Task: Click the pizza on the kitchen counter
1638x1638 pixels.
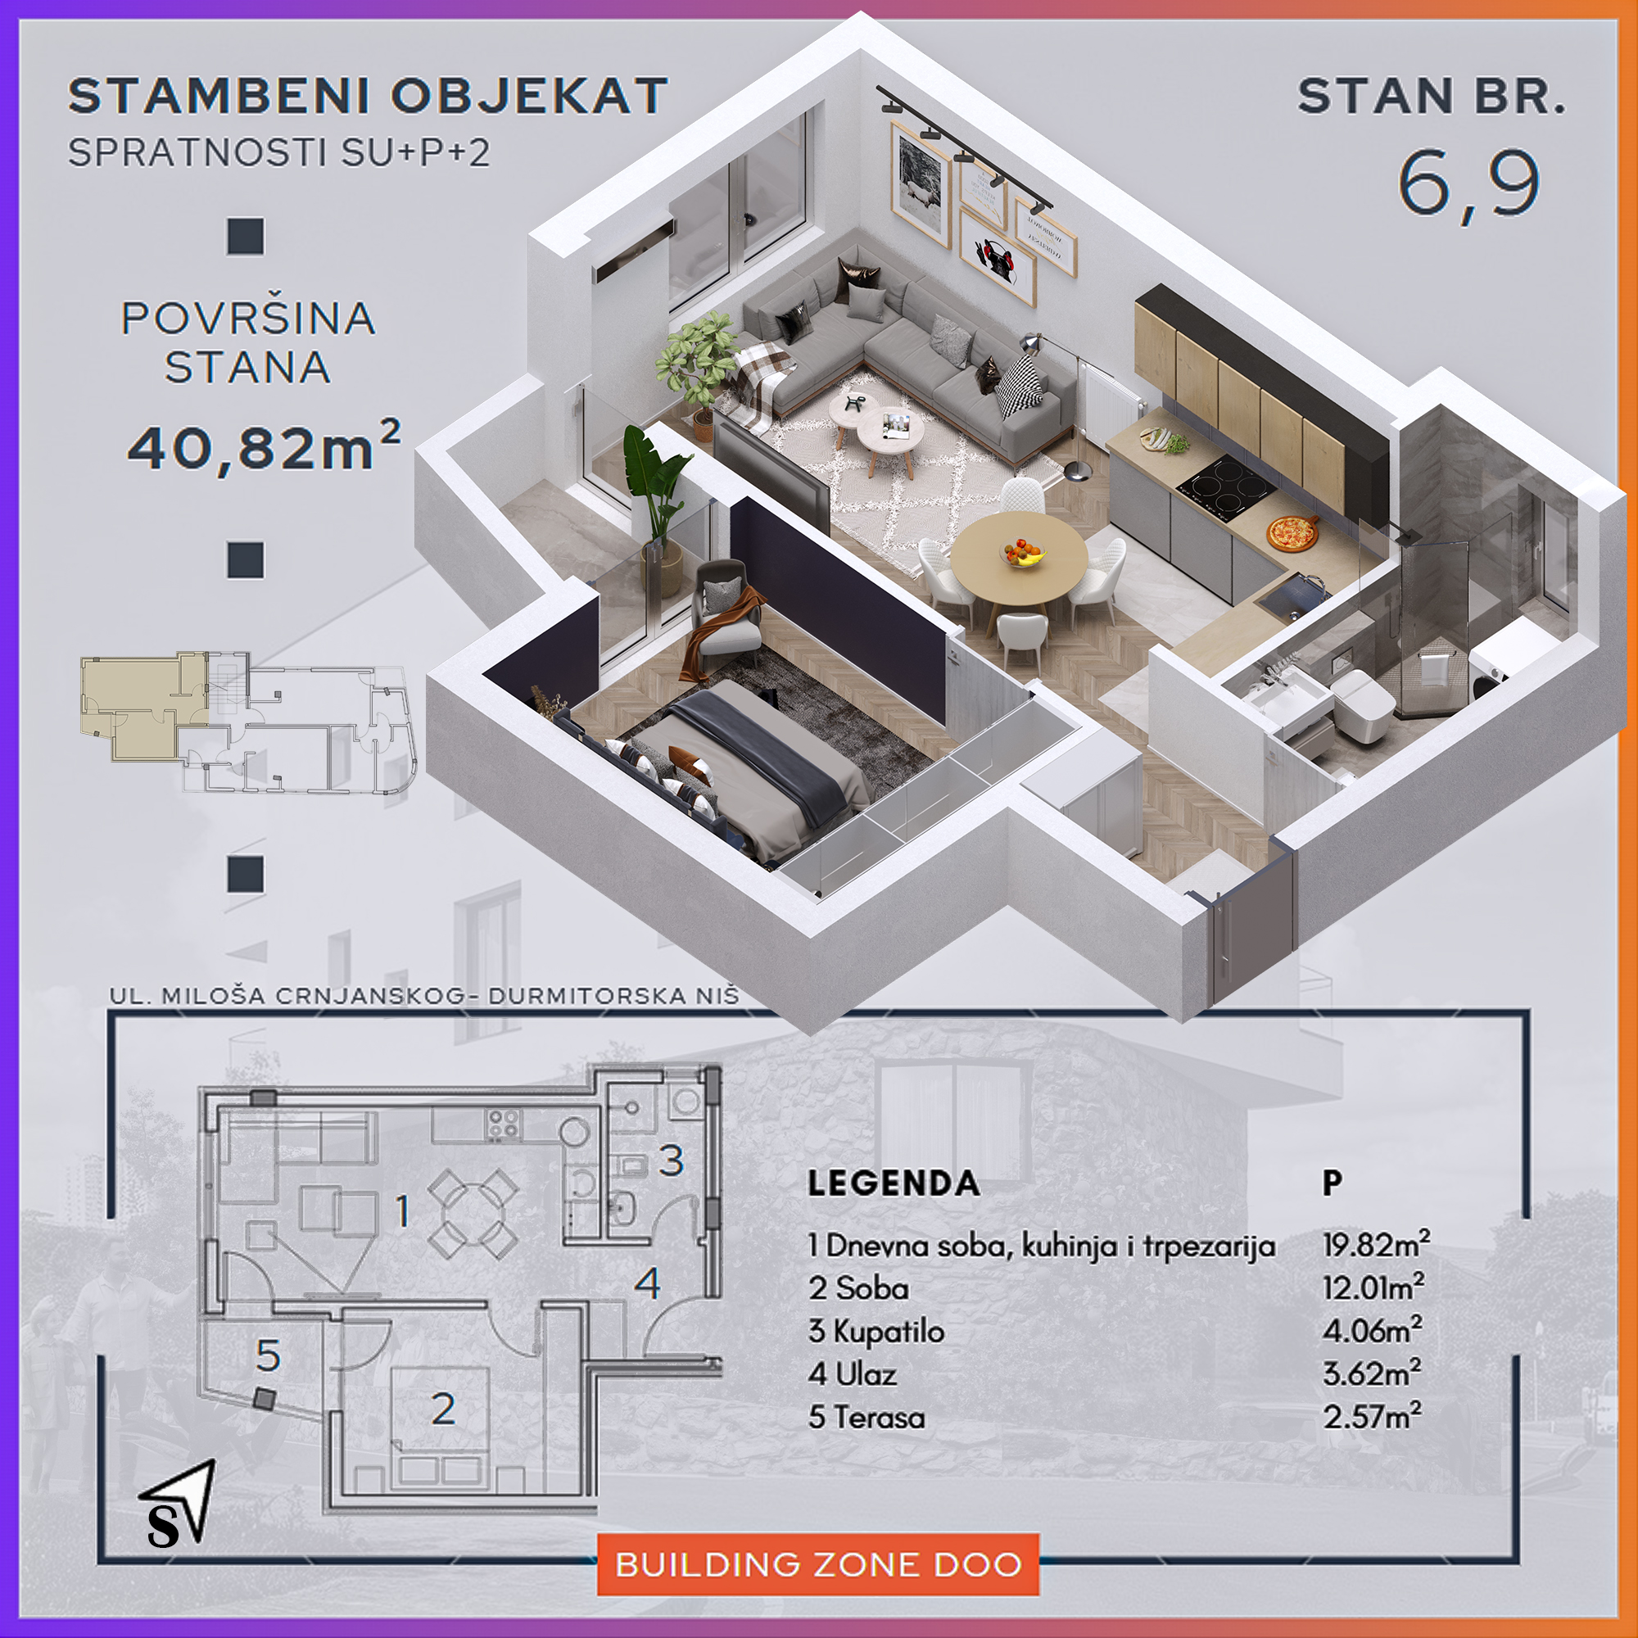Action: click(x=1292, y=533)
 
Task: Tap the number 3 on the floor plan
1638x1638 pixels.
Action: click(x=672, y=1161)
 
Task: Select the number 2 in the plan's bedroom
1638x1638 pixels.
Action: click(x=443, y=1409)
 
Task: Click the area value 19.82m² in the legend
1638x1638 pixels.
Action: click(x=1376, y=1245)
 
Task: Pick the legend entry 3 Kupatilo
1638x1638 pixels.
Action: click(x=876, y=1331)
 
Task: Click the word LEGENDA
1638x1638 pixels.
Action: click(x=894, y=1183)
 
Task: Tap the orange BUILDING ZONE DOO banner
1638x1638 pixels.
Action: click(x=818, y=1565)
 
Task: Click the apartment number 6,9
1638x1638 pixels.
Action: click(x=1468, y=185)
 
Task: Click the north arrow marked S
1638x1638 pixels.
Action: click(x=178, y=1504)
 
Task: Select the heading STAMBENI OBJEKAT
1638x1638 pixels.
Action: click(x=368, y=96)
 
